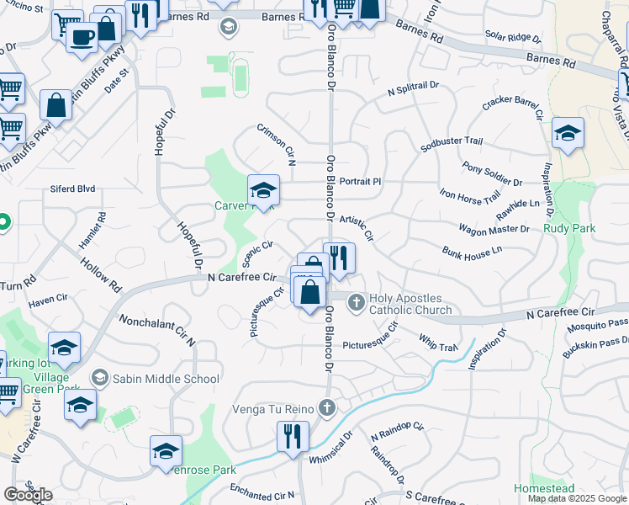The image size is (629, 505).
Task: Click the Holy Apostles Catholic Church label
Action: (x=410, y=304)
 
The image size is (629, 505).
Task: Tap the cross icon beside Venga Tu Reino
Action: (x=327, y=408)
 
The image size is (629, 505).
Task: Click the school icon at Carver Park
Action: (x=263, y=190)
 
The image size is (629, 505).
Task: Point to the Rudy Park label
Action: (x=570, y=228)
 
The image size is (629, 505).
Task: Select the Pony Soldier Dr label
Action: (x=492, y=173)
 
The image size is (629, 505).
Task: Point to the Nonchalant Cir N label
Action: (x=156, y=331)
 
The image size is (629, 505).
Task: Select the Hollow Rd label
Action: (x=102, y=274)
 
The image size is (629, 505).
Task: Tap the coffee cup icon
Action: (x=82, y=37)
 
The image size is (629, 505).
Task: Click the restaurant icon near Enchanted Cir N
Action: (x=293, y=437)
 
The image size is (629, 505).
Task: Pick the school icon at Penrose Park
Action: (x=166, y=452)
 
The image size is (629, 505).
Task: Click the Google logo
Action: (x=28, y=495)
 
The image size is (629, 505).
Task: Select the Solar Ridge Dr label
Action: (x=513, y=37)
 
